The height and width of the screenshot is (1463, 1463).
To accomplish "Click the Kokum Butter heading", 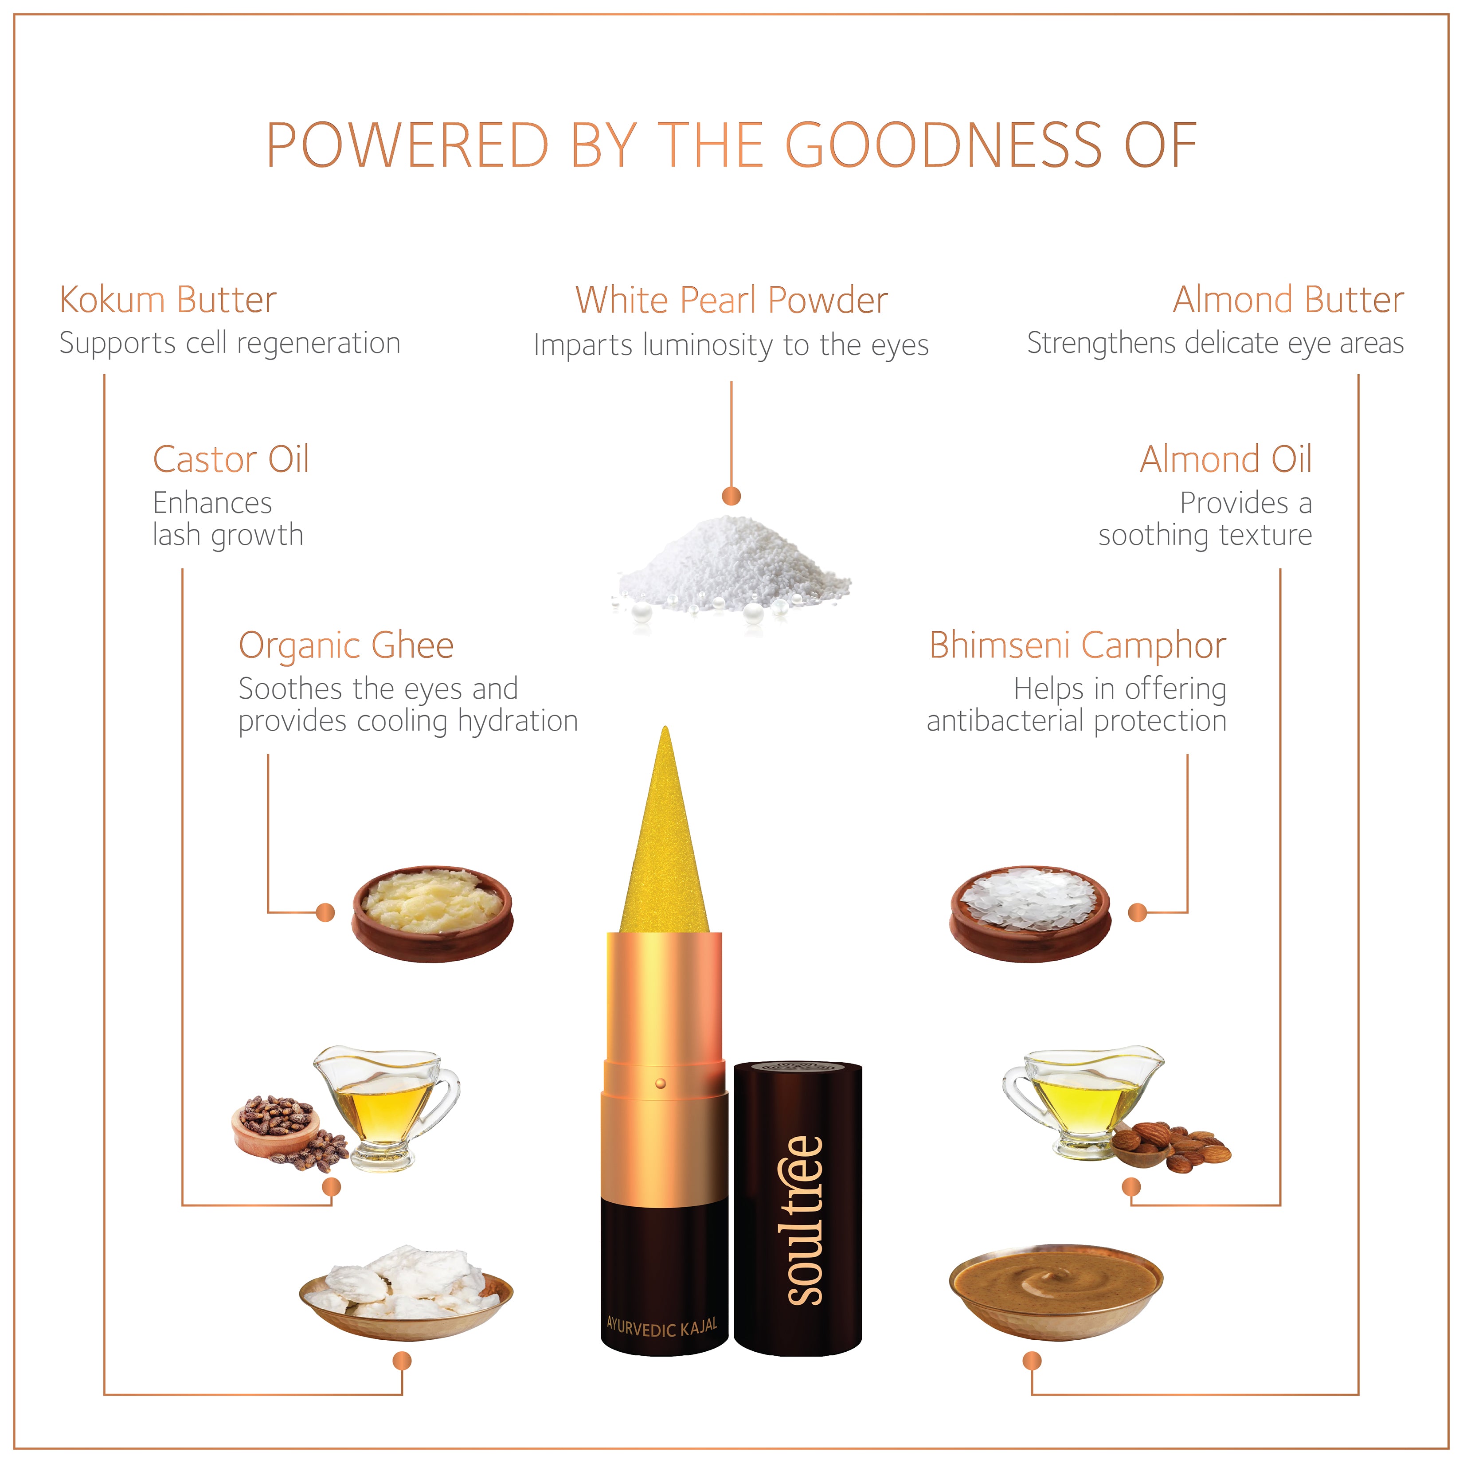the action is coord(168,300).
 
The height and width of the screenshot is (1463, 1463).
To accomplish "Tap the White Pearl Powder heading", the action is coord(731,300).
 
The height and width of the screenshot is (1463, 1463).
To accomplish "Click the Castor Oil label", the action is coord(231,459).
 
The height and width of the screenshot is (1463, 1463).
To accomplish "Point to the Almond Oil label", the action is coord(1226,459).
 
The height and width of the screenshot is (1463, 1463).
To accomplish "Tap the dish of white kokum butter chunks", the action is coord(407,1293).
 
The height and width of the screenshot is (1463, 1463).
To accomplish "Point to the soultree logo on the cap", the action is coord(802,1220).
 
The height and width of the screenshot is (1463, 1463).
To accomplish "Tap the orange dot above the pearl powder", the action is coord(731,496).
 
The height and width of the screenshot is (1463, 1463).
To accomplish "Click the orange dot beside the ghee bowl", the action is coord(325,912).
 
